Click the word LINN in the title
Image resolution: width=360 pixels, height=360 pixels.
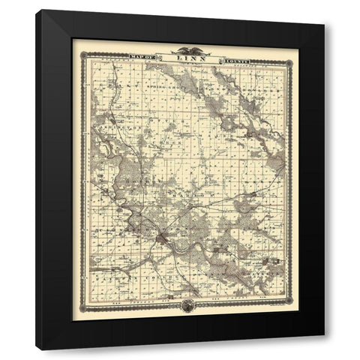point(184,57)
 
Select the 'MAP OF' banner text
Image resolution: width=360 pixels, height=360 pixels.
point(144,57)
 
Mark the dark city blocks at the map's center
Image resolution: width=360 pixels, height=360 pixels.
point(162,239)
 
